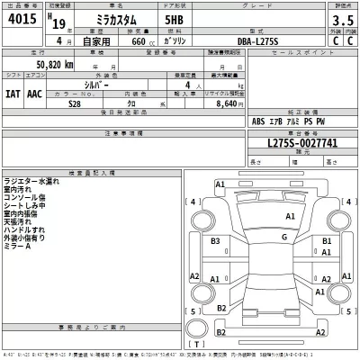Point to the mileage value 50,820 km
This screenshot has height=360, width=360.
(55, 66)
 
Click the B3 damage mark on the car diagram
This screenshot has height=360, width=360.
(216, 242)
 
